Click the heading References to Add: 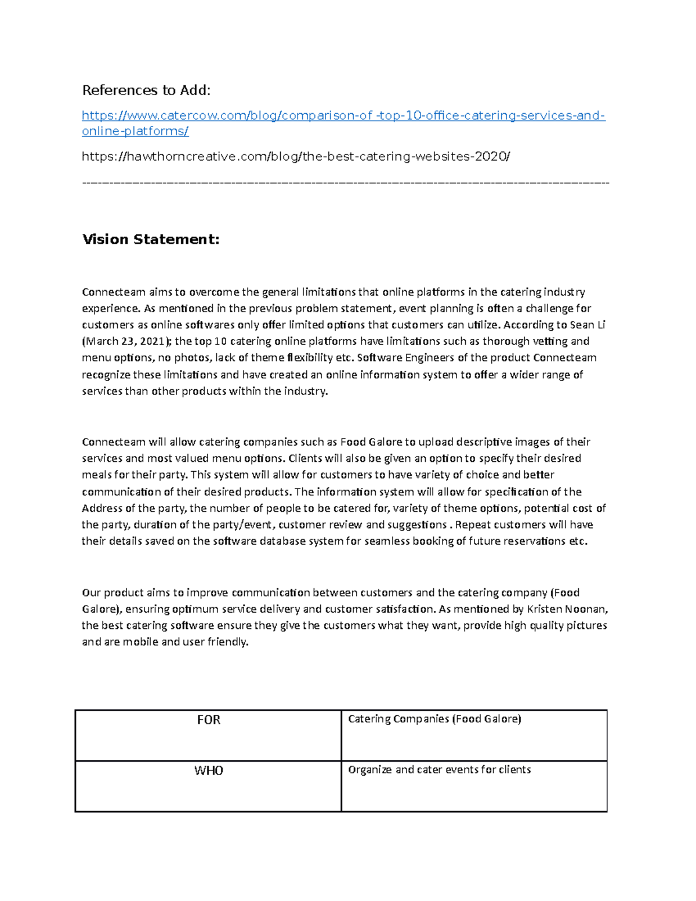(x=146, y=90)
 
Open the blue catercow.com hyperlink (x=343, y=115)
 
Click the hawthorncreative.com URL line (x=296, y=156)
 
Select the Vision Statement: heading (x=151, y=239)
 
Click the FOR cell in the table (x=208, y=720)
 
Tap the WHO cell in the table (x=208, y=770)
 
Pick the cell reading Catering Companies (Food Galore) (x=434, y=719)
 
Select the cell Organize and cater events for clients (x=439, y=770)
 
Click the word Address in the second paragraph (x=102, y=508)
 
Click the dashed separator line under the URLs (x=346, y=183)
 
